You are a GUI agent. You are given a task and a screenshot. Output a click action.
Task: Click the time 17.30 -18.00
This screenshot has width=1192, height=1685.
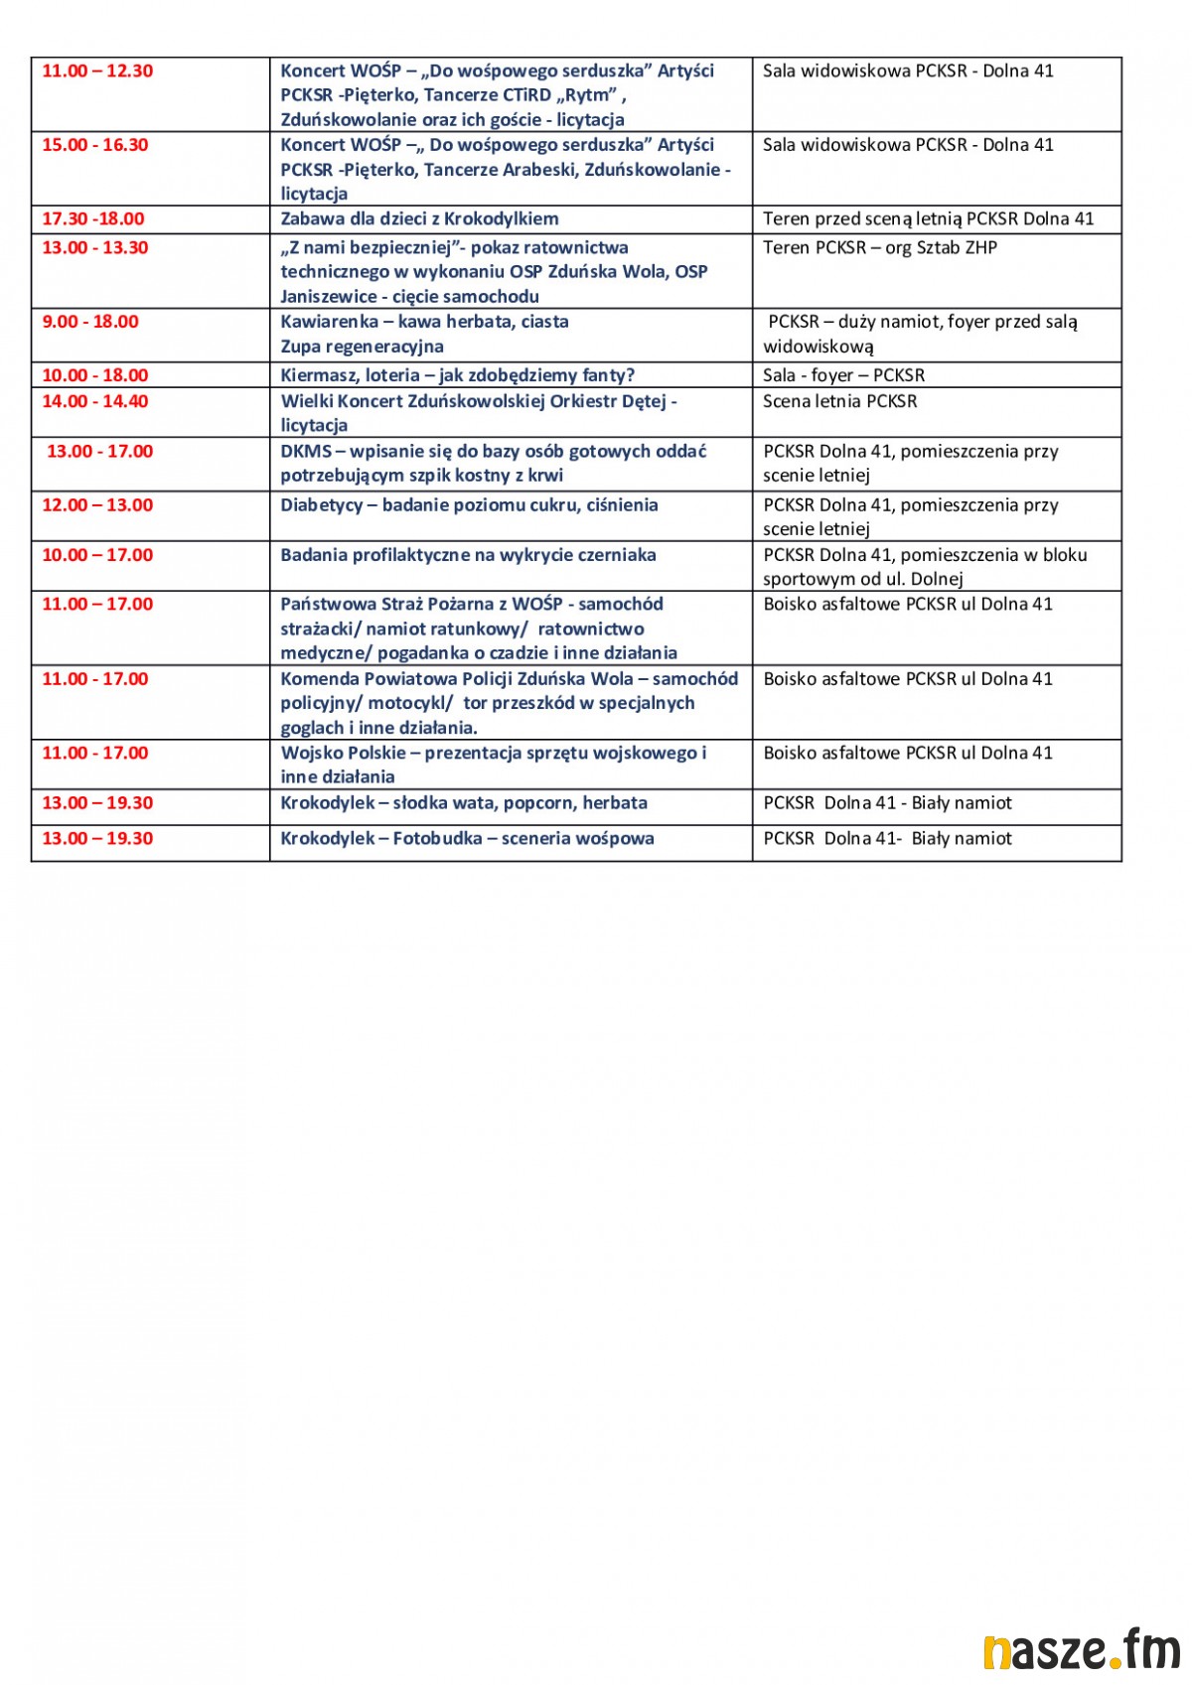[93, 219]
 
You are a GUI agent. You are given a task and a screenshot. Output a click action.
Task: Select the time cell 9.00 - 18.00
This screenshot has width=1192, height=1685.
[90, 322]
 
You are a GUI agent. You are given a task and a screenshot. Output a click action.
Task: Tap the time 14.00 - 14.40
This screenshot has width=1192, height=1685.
[95, 401]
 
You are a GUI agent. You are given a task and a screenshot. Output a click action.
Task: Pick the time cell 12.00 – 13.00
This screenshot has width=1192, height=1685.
[97, 504]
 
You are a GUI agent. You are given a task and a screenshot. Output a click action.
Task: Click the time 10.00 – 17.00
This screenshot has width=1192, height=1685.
[97, 555]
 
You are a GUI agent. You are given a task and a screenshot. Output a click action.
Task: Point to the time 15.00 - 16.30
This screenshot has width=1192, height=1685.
[95, 145]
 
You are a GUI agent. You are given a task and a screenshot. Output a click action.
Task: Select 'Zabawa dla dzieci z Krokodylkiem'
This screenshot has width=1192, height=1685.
[419, 219]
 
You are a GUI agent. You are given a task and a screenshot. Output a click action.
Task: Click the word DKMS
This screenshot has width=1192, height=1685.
[306, 452]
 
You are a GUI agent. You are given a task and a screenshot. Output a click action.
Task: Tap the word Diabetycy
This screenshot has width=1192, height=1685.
[322, 505]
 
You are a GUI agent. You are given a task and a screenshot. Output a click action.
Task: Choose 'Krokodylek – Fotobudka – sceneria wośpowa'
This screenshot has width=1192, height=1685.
[467, 839]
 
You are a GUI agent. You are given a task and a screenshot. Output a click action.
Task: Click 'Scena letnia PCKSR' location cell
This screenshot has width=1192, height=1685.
[839, 402]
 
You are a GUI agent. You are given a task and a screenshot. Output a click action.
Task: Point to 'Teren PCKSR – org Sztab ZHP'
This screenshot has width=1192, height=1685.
[879, 248]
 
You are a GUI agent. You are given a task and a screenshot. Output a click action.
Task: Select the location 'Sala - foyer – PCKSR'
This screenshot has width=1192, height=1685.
[843, 375]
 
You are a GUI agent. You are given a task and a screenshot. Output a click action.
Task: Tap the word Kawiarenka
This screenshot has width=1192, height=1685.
[330, 322]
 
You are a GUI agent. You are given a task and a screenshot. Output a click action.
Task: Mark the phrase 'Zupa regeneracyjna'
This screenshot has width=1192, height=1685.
[362, 347]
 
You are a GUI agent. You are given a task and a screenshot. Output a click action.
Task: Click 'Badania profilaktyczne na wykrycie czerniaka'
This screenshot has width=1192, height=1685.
[468, 555]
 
